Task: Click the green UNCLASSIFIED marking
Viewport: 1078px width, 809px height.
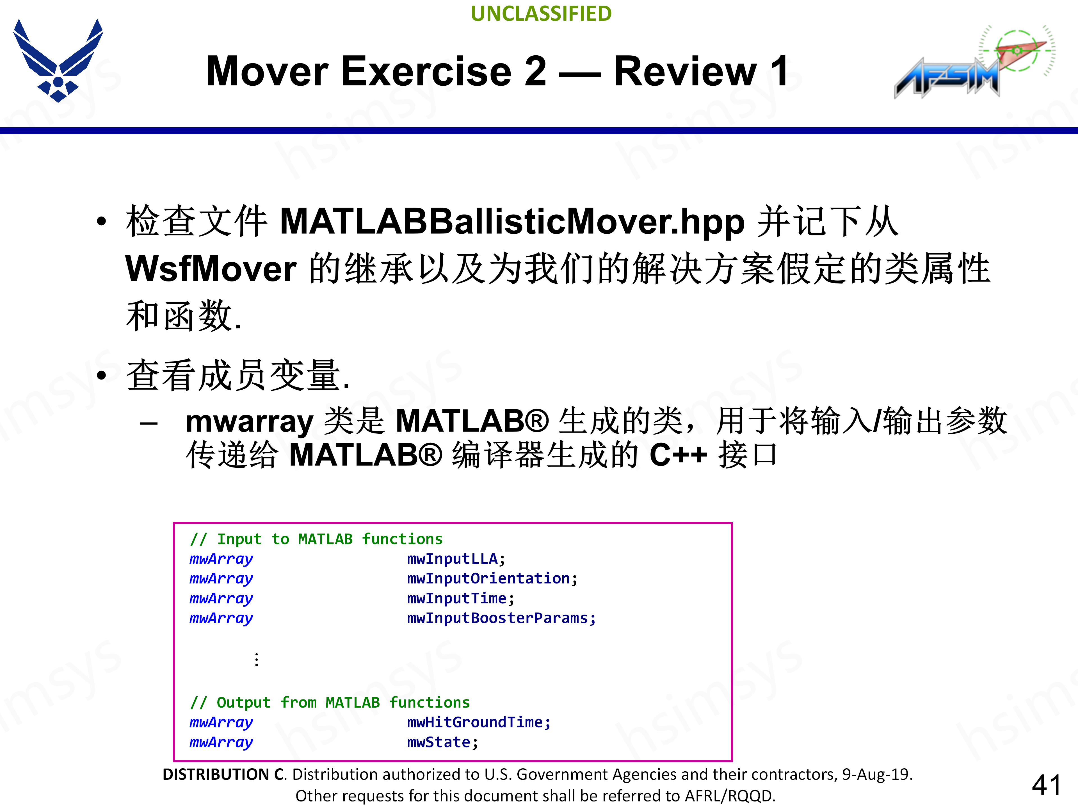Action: click(541, 14)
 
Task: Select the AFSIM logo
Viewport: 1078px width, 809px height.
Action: click(970, 63)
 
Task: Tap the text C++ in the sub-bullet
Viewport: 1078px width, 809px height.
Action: click(678, 455)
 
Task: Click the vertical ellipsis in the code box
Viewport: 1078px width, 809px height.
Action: click(256, 660)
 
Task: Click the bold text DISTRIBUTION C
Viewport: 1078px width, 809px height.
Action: click(225, 774)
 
